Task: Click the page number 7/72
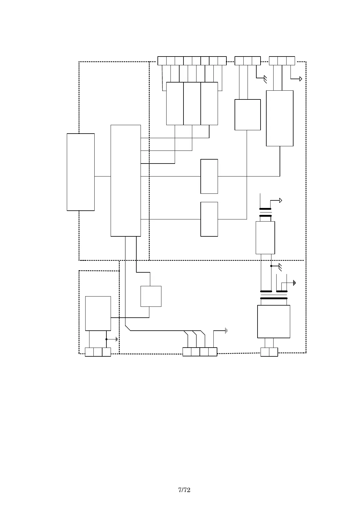tap(184, 490)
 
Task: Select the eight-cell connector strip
tap(192, 61)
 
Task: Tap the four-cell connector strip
tap(200, 352)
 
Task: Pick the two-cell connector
tap(269, 352)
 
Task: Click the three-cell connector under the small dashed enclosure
tap(98, 352)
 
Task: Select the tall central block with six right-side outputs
tap(125, 180)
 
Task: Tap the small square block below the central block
tap(151, 296)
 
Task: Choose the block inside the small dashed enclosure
tap(98, 313)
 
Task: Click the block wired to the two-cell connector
tap(274, 321)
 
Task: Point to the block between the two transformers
tap(265, 238)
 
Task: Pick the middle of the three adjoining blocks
tap(192, 103)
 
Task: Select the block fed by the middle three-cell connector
tap(248, 115)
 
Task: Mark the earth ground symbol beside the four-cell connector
tap(226, 331)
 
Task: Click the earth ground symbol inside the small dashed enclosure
tap(116, 339)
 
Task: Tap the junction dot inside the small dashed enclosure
tap(106, 339)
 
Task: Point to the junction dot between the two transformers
tap(271, 266)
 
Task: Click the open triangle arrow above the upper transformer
tap(281, 200)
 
